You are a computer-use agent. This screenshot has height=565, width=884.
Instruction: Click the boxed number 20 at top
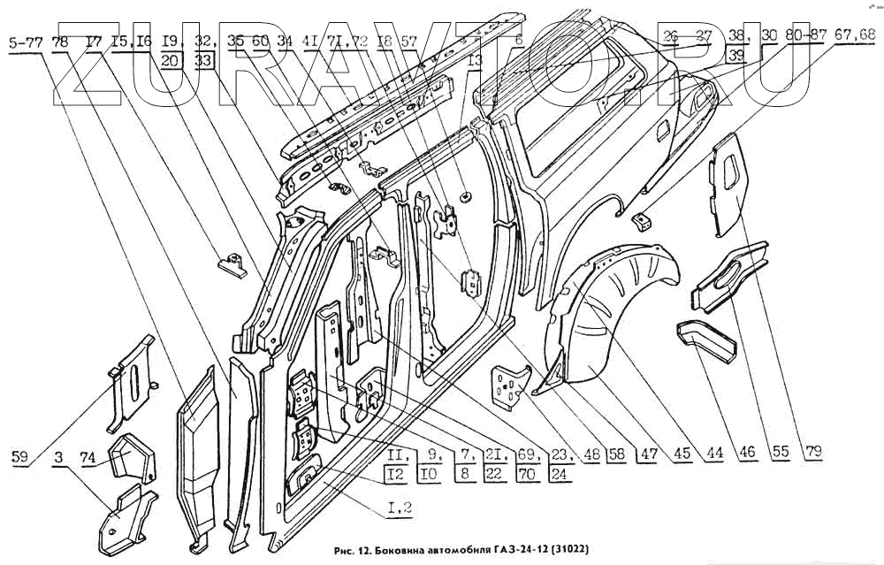click(x=173, y=60)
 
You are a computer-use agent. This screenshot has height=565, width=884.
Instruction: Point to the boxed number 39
click(x=735, y=55)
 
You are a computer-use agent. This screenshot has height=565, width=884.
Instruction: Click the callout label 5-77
click(x=26, y=41)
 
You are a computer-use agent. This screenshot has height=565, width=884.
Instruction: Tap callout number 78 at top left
click(x=61, y=41)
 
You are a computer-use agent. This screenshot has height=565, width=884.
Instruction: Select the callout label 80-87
click(x=805, y=35)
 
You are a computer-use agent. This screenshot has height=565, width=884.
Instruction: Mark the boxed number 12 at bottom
click(x=398, y=473)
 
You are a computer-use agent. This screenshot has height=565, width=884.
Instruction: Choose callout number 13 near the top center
click(x=475, y=61)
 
